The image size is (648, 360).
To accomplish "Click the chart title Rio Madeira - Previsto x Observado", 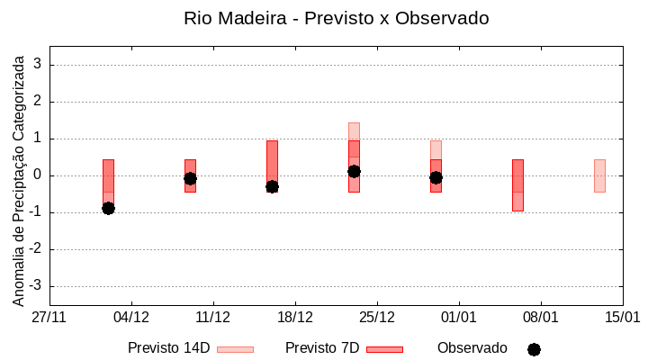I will point(336,18).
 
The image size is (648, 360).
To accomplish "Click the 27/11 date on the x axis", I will point(49,318).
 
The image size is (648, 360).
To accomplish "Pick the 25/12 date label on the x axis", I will point(377,318).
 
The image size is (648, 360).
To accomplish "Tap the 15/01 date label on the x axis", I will point(622,318).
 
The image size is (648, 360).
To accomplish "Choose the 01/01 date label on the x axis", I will point(459,318).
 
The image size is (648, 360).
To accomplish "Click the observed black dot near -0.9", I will point(108,208).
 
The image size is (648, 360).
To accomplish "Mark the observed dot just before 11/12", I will point(190,178).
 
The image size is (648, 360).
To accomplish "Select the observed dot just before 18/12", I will point(272,186).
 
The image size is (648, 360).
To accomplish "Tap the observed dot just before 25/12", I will point(354,171).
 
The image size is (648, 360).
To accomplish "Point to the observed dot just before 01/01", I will point(436,177).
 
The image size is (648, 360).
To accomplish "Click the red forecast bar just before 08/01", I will point(517,184).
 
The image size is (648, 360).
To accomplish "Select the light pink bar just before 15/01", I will point(599,175).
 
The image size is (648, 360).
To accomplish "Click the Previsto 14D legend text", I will point(168,348).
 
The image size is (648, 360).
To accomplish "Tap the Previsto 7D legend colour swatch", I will point(384,349).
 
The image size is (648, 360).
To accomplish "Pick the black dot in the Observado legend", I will point(534,349).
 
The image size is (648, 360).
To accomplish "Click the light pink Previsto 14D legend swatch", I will point(235,349).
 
